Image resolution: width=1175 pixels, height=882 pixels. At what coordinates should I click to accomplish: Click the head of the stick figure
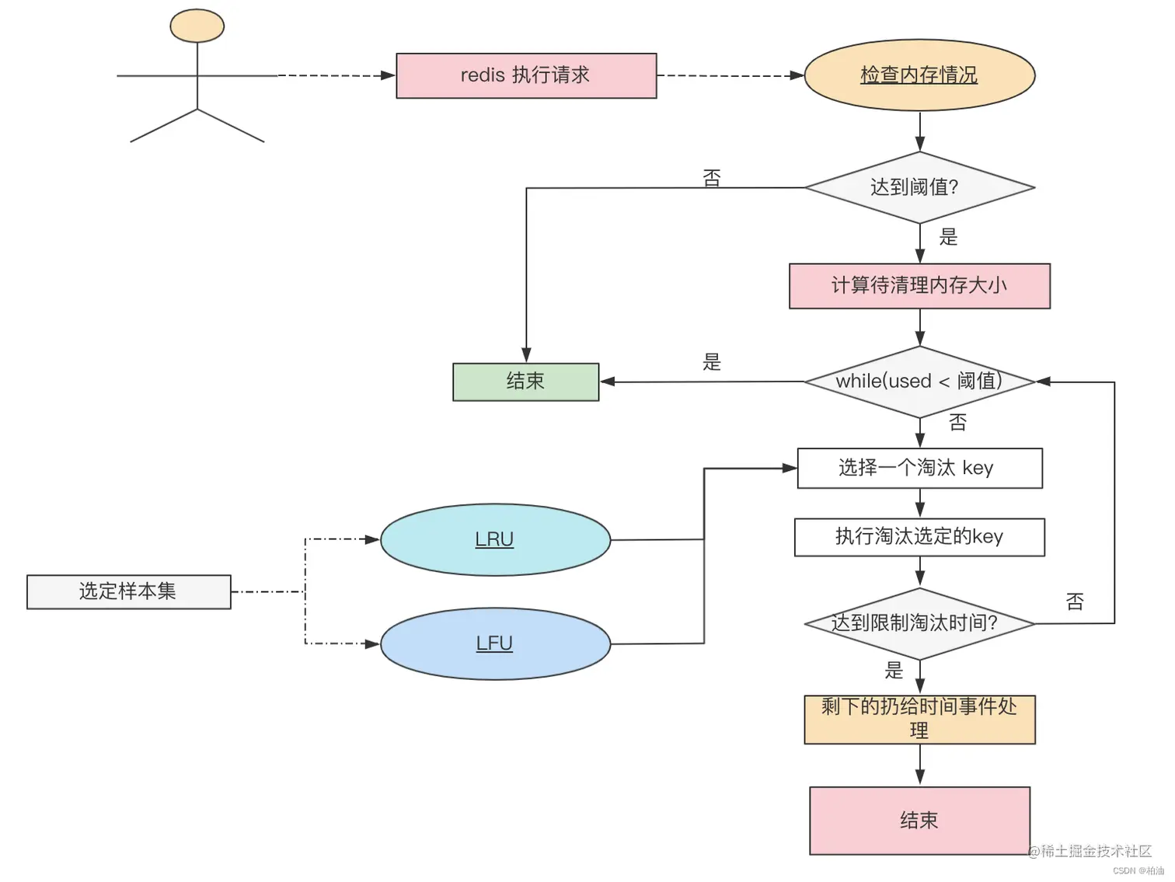point(197,26)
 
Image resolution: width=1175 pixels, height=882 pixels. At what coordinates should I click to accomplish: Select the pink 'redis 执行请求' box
point(526,75)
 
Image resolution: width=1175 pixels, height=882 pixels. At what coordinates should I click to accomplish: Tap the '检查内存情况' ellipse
point(919,75)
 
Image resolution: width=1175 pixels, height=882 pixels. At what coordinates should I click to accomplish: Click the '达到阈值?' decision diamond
point(919,187)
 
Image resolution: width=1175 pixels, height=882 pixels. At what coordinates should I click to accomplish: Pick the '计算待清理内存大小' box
point(919,286)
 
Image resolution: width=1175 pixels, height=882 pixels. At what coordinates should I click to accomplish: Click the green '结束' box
point(525,382)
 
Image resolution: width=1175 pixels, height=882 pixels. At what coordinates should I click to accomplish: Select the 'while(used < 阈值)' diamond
point(919,382)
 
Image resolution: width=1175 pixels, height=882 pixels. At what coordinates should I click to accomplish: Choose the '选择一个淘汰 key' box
point(919,468)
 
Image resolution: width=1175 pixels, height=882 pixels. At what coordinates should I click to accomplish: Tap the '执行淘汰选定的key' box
point(919,537)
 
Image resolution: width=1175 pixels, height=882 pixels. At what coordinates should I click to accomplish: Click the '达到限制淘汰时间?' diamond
point(919,623)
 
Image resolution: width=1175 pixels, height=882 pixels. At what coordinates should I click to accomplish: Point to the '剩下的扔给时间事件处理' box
point(919,719)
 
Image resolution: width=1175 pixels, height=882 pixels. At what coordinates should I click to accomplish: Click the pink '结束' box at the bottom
point(919,821)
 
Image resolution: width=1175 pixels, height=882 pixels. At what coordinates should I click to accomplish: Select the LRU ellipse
point(495,539)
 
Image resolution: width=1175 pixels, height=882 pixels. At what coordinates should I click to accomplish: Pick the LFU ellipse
point(495,643)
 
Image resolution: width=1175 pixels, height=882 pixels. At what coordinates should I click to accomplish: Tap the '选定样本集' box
point(128,591)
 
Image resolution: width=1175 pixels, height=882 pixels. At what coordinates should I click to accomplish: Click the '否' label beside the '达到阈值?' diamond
point(712,178)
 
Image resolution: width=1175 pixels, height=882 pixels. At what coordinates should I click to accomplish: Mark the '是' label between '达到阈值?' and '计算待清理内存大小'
point(948,237)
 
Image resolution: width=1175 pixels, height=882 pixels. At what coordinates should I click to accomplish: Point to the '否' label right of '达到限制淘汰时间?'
point(1075,601)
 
